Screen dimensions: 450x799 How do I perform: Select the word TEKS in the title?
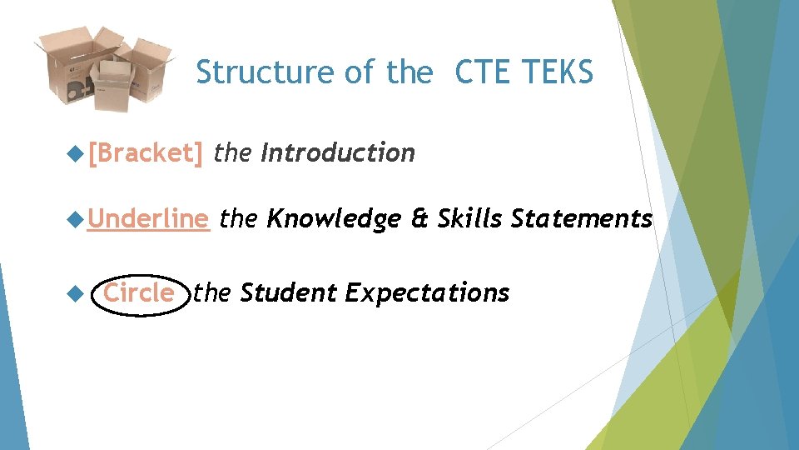pyautogui.click(x=558, y=73)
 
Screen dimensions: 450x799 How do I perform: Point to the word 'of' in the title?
pyautogui.click(x=360, y=73)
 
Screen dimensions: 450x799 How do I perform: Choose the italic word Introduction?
pyautogui.click(x=337, y=153)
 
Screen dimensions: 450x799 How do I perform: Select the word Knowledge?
pyautogui.click(x=332, y=219)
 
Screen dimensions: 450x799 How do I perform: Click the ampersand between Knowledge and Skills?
pyautogui.click(x=419, y=219)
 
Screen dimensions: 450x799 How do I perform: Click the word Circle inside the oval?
pyautogui.click(x=139, y=293)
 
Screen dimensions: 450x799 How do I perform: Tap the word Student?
pyautogui.click(x=288, y=293)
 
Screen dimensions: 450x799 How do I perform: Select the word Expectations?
pyautogui.click(x=426, y=293)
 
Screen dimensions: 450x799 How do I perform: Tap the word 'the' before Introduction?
pyautogui.click(x=232, y=153)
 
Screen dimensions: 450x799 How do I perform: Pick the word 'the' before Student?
pyautogui.click(x=211, y=293)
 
